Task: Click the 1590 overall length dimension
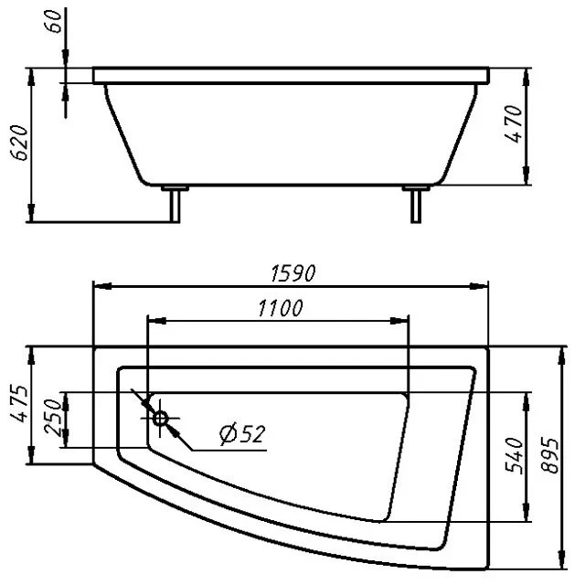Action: click(292, 273)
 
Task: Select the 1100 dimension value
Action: click(281, 309)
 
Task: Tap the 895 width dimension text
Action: click(550, 455)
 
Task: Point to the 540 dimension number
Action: click(514, 455)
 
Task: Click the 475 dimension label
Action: click(19, 403)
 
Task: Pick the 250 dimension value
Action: click(53, 417)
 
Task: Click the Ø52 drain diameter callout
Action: click(242, 434)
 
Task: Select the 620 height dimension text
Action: click(19, 143)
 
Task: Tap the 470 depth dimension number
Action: click(514, 123)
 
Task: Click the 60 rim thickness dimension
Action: click(54, 22)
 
